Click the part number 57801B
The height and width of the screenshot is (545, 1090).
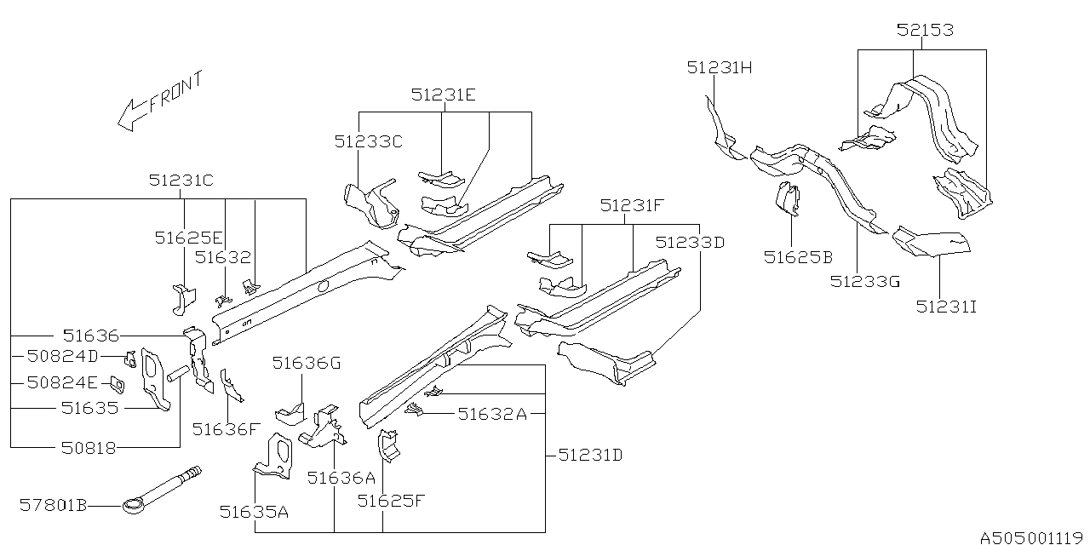(x=55, y=506)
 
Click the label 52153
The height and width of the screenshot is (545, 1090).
(x=924, y=30)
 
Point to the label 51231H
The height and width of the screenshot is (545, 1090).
(x=720, y=68)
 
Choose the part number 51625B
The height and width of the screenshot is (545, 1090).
(x=797, y=255)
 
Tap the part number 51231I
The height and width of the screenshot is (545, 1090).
(x=946, y=306)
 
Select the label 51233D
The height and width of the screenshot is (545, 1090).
(x=690, y=242)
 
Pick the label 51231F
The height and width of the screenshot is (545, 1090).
(x=631, y=205)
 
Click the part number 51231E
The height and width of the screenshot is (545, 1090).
(x=443, y=95)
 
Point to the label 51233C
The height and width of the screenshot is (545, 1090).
(x=368, y=141)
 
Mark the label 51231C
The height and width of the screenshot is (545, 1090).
(x=181, y=181)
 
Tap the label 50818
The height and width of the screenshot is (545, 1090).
(x=88, y=447)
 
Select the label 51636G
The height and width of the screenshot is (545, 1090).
(x=306, y=364)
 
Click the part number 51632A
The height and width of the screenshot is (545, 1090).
(x=493, y=414)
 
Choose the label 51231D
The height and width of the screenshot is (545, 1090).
(x=590, y=456)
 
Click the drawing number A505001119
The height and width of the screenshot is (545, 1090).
(x=1031, y=537)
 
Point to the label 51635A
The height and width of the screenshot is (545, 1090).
(x=254, y=511)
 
